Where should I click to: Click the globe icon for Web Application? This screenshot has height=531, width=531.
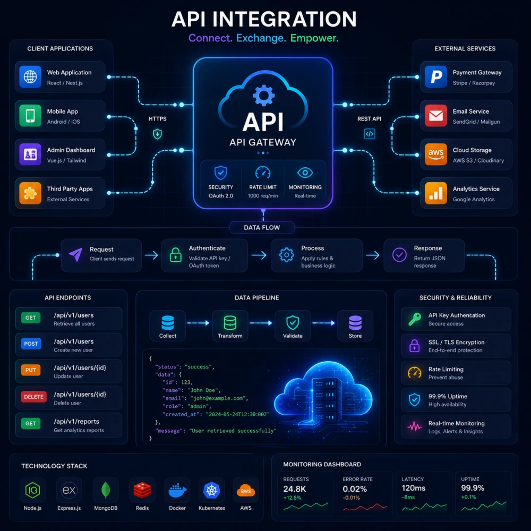(x=30, y=77)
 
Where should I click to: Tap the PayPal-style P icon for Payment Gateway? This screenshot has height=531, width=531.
(x=435, y=77)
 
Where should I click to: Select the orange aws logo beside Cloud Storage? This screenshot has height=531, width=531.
(x=435, y=155)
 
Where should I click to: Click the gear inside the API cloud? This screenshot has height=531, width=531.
(x=263, y=96)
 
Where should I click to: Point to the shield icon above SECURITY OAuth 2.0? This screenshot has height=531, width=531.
(x=220, y=173)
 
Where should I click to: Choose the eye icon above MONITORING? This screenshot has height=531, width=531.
(x=305, y=173)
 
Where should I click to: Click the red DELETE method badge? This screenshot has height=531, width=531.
(x=33, y=397)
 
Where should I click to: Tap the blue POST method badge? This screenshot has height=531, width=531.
(x=31, y=344)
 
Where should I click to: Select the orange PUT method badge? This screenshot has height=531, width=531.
(x=30, y=370)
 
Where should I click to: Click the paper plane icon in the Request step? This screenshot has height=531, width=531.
(x=75, y=255)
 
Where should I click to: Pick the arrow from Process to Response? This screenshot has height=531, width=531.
(x=373, y=255)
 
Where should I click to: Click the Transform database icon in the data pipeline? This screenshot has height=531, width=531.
(x=230, y=323)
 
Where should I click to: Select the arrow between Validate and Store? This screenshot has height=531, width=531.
(x=323, y=323)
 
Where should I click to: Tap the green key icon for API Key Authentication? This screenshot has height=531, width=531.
(x=415, y=319)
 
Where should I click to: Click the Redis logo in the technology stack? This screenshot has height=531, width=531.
(x=142, y=491)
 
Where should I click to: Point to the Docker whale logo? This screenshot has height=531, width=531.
(x=177, y=491)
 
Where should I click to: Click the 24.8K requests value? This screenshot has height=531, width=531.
(x=295, y=489)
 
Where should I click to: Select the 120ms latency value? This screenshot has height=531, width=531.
(x=414, y=489)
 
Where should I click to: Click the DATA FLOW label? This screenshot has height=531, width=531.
(x=262, y=228)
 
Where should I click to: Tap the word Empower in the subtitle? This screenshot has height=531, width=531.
(x=314, y=38)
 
